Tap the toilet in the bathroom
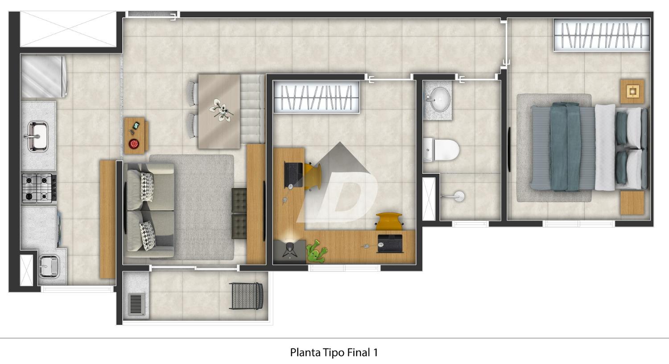(x=441, y=150)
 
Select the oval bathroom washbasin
(x=440, y=99)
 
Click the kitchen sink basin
(x=37, y=136)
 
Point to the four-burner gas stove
(x=39, y=188)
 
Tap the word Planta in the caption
(x=305, y=353)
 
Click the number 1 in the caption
(x=375, y=353)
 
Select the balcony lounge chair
(x=247, y=296)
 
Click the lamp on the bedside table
(x=632, y=91)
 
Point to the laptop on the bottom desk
(x=390, y=243)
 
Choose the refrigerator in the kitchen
(x=44, y=77)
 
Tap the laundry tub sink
(x=49, y=266)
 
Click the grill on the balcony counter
(x=136, y=304)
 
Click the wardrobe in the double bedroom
(x=602, y=35)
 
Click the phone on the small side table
(x=136, y=126)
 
